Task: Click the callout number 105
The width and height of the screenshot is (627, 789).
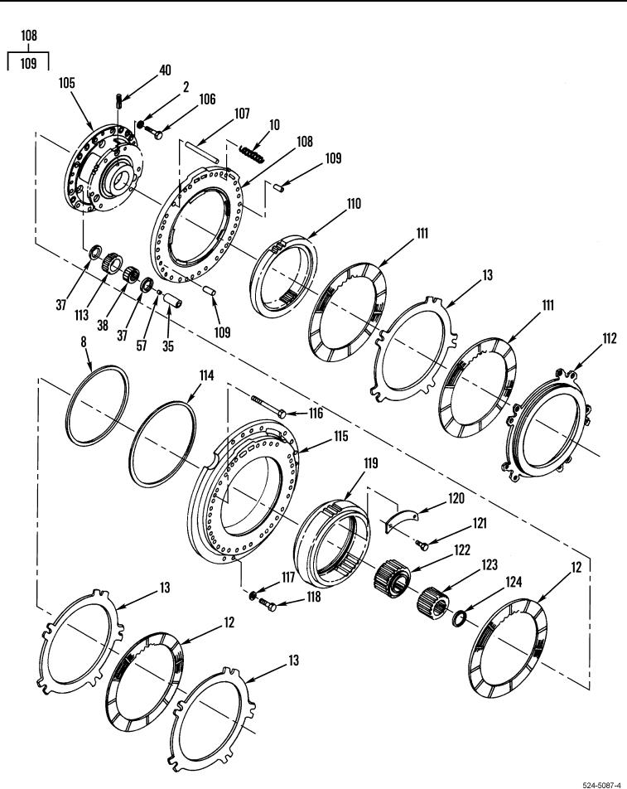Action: click(x=66, y=83)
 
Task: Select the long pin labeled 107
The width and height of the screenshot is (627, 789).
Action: click(x=201, y=152)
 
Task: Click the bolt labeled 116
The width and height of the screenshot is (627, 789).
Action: click(x=269, y=405)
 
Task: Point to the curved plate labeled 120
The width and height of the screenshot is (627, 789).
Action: click(x=403, y=520)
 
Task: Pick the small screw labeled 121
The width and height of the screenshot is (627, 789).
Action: click(x=422, y=545)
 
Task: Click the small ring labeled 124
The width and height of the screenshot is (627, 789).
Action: click(x=459, y=618)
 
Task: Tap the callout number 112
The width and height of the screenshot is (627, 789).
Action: click(x=609, y=338)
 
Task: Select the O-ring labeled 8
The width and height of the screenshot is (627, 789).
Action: click(x=98, y=405)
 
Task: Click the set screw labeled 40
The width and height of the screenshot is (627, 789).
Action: click(x=119, y=100)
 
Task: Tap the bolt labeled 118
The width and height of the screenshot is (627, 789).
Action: click(x=268, y=604)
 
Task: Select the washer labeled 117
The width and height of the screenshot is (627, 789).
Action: click(x=253, y=596)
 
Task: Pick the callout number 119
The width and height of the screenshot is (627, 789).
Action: click(x=370, y=463)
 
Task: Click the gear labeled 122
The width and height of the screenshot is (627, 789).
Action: click(x=393, y=577)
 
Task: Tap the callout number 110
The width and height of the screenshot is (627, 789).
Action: click(x=354, y=204)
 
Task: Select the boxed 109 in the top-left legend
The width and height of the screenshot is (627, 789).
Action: click(x=29, y=63)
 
